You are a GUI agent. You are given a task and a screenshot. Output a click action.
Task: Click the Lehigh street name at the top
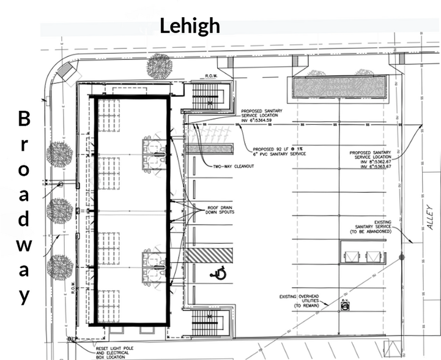(x=190, y=26)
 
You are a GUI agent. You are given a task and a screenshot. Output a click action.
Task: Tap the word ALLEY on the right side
(x=430, y=217)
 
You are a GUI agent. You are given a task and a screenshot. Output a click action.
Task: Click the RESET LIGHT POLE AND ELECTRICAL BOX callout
(x=119, y=352)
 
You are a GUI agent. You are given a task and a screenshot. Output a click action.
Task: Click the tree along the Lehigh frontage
(x=159, y=66)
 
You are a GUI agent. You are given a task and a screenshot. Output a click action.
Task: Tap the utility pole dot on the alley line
(x=401, y=257)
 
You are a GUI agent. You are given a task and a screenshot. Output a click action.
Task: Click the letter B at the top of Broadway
(x=24, y=118)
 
